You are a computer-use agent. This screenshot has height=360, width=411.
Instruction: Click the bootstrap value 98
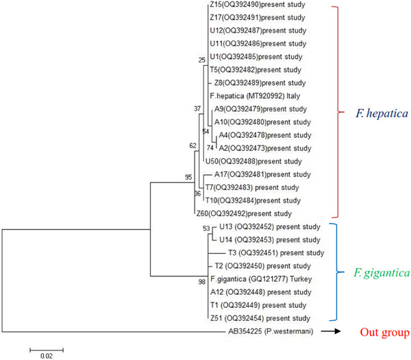[201, 283]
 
